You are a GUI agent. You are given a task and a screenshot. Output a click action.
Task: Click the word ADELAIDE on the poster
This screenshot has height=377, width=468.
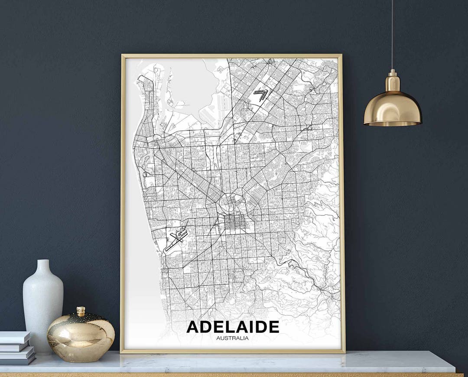[x=233, y=327]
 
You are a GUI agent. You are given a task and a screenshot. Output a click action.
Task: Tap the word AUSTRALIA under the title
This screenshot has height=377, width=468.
[x=233, y=338]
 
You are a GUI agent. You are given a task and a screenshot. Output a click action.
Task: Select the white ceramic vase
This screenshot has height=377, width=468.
[x=43, y=303]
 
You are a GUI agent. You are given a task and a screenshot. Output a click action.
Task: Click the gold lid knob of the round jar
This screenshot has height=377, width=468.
[x=81, y=311]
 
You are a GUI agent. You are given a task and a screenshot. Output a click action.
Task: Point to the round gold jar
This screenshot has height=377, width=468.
[x=81, y=336]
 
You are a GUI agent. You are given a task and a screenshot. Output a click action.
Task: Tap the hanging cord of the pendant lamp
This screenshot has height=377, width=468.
[x=393, y=35]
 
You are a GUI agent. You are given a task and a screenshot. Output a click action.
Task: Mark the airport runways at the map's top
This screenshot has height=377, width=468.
[x=260, y=94]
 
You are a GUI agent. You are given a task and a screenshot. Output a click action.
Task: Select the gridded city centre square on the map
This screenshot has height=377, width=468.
[x=234, y=224]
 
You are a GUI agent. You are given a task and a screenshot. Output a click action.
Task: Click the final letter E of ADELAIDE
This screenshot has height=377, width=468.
[x=273, y=327]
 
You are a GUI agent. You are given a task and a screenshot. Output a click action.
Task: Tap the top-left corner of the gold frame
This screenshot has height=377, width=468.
[x=123, y=56]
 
